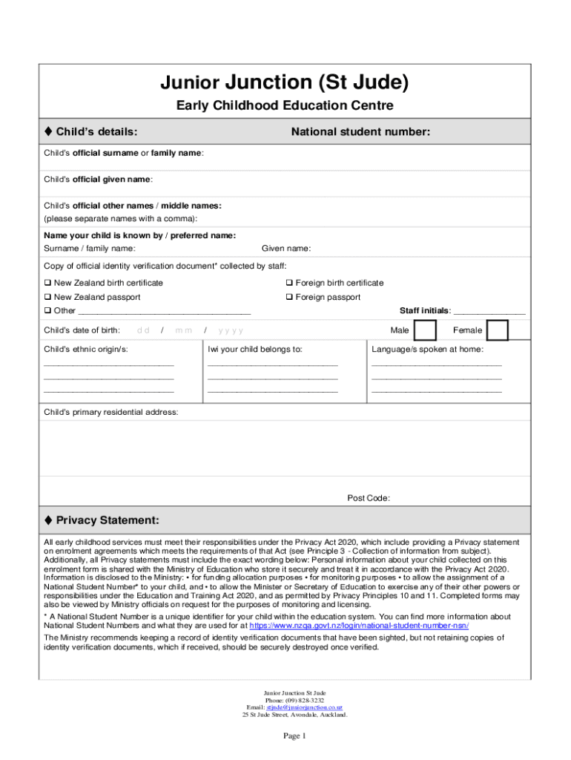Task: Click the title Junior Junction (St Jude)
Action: tap(285, 82)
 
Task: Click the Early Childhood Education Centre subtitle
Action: tap(285, 106)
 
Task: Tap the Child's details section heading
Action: tap(91, 131)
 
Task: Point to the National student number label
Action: tap(360, 131)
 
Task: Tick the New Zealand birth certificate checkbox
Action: tap(47, 283)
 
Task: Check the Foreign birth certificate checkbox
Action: tap(289, 283)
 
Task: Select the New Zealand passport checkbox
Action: tap(47, 297)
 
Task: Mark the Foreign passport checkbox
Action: tap(289, 297)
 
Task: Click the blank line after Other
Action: tap(164, 312)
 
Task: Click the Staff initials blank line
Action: tap(489, 312)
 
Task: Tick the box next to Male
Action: tap(425, 330)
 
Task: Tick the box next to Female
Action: tap(498, 330)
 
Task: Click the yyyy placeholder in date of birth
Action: tap(231, 330)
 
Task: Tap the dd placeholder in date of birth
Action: tap(143, 330)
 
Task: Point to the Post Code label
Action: tap(369, 498)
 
